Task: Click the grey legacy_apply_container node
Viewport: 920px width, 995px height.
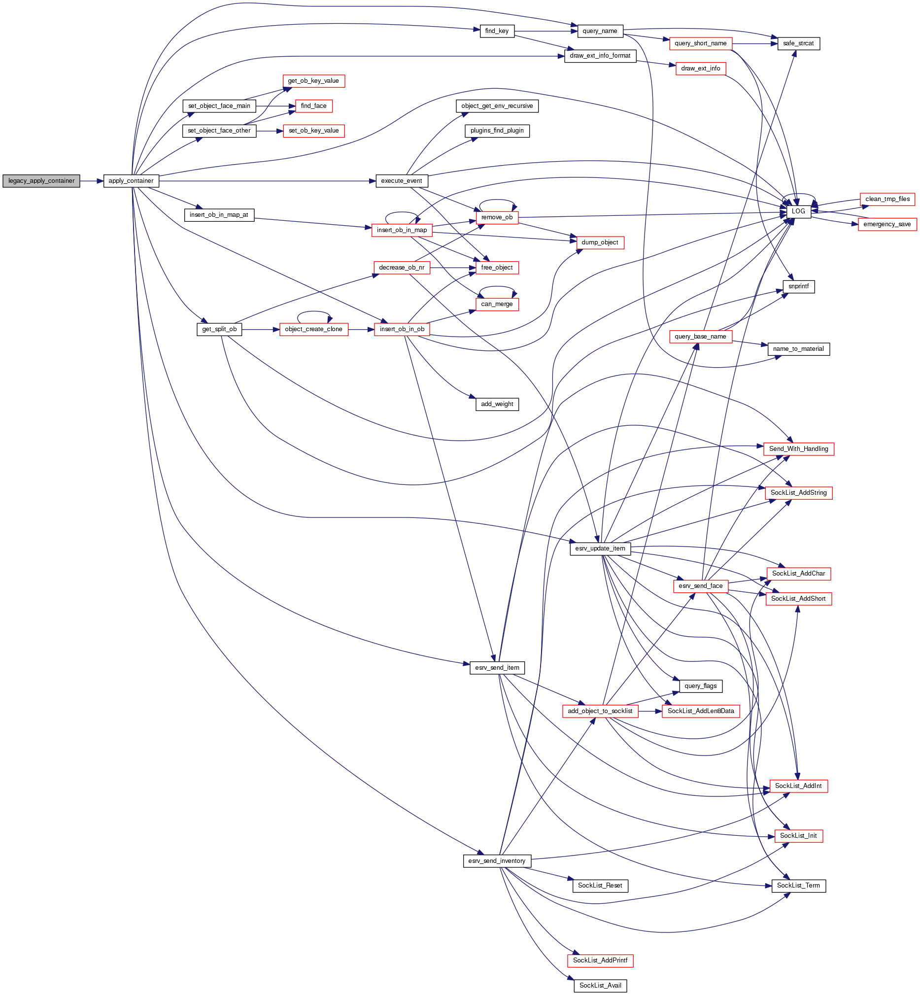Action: (x=41, y=181)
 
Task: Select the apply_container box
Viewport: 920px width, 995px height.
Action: (x=131, y=181)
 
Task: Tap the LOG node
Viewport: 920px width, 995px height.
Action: (x=798, y=211)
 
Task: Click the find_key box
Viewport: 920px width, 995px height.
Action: (x=497, y=31)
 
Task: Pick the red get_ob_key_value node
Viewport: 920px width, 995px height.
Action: (x=313, y=81)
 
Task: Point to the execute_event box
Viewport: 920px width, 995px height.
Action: (x=401, y=181)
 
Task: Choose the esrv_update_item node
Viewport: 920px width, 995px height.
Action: (x=600, y=549)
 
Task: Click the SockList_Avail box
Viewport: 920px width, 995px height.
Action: (x=600, y=985)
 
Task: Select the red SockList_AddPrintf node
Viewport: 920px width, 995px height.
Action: (x=600, y=960)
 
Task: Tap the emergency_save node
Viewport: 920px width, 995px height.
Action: (x=886, y=224)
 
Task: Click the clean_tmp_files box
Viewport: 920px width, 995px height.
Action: (x=887, y=199)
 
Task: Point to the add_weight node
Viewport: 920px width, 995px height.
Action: (x=497, y=404)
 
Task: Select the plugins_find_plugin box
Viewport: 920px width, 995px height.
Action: (x=497, y=131)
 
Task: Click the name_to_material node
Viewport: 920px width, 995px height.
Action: (x=798, y=348)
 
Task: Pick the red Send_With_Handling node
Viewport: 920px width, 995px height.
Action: (x=798, y=448)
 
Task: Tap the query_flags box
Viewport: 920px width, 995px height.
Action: (x=700, y=686)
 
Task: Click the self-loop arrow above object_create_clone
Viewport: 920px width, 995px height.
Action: (x=313, y=312)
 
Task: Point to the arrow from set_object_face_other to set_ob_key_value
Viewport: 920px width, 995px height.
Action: (x=270, y=131)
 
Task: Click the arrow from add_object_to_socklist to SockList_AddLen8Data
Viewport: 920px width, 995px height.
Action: (x=649, y=711)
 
